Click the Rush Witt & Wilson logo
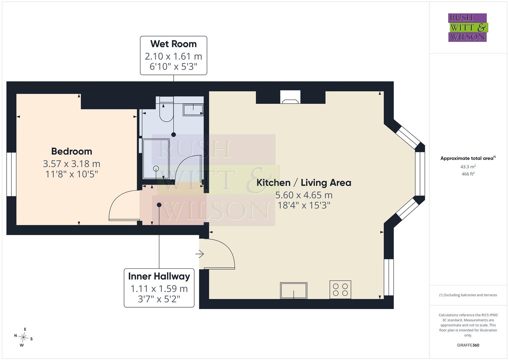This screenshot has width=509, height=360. [x=468, y=27]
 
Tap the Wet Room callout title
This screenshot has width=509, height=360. [x=173, y=44]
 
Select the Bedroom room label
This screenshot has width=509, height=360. [x=72, y=151]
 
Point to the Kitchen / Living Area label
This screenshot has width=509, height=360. [x=304, y=183]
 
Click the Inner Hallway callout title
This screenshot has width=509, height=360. [x=159, y=276]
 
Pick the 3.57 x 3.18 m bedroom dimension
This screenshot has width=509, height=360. [x=72, y=164]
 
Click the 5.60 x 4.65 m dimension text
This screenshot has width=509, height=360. [x=304, y=195]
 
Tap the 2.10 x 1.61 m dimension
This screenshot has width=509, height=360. [x=173, y=56]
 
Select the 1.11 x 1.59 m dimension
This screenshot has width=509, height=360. [x=159, y=289]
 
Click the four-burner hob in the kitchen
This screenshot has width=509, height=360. [x=340, y=290]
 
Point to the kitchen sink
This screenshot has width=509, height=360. [x=294, y=290]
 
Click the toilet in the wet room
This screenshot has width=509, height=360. [x=167, y=109]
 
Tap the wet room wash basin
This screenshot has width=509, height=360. [x=193, y=110]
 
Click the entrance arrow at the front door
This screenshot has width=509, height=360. [x=200, y=254]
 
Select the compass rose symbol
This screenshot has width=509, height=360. [x=23, y=337]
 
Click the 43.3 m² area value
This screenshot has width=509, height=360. [x=468, y=167]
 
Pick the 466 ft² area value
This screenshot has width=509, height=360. [x=468, y=174]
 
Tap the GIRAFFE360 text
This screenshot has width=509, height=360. [x=468, y=345]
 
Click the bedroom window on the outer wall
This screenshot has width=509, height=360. [x=11, y=174]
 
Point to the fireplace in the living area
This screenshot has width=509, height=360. [x=290, y=97]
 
